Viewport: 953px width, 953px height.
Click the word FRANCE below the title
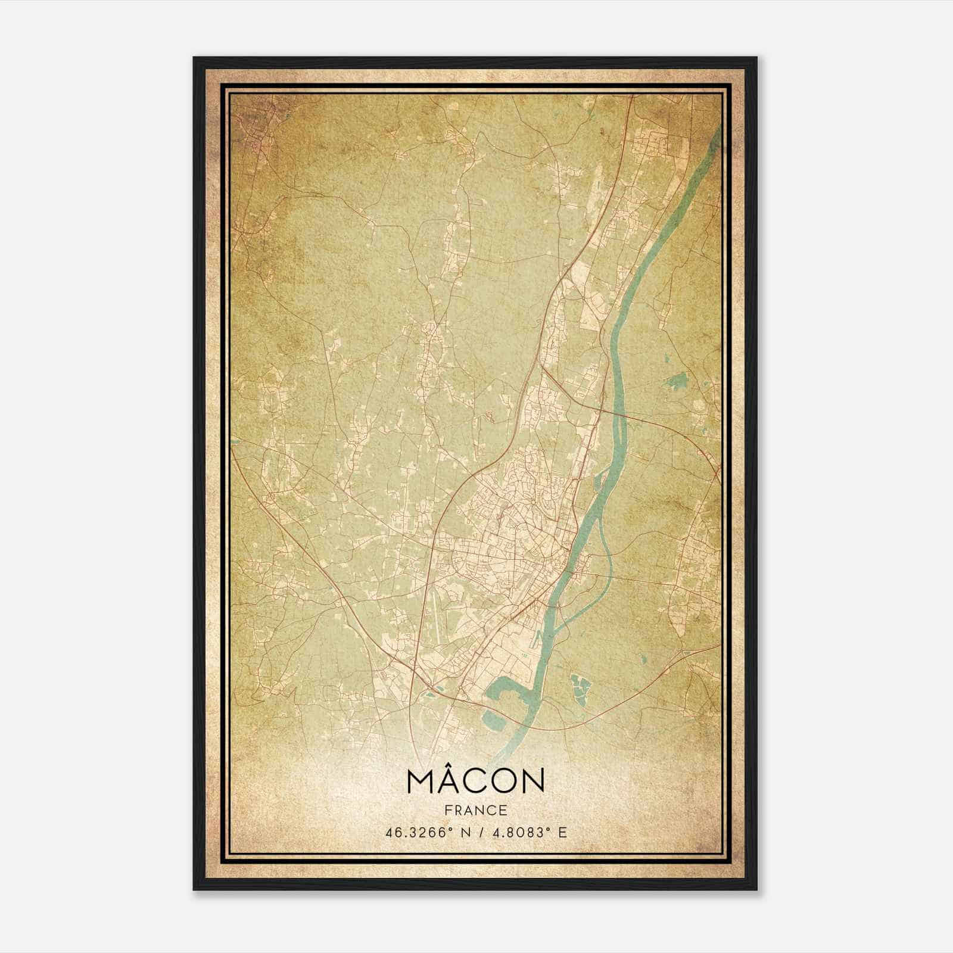point(475,810)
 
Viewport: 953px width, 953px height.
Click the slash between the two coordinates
point(479,833)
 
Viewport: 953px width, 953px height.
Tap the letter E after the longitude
point(562,833)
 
